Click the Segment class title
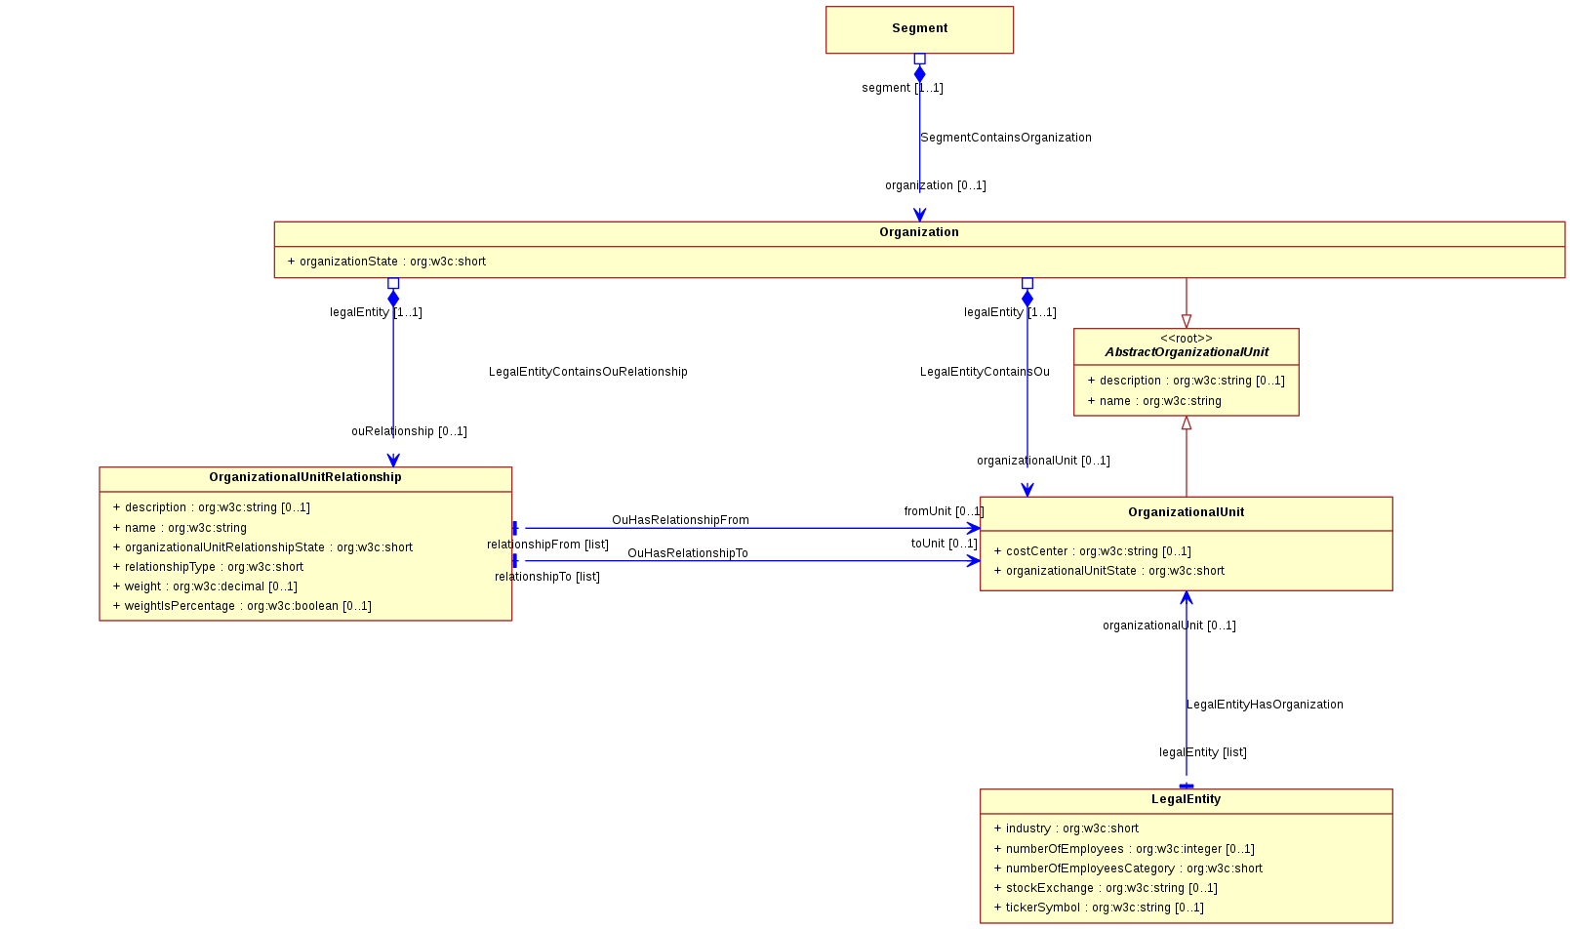tap(919, 28)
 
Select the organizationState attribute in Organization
tap(386, 262)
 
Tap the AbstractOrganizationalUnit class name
tap(1187, 352)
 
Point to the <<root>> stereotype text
tap(1186, 338)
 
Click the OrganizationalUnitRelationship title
tap(304, 477)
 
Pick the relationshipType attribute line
tap(208, 567)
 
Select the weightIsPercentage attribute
tap(242, 606)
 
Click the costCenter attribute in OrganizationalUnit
tap(1092, 551)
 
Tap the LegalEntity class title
tap(1186, 799)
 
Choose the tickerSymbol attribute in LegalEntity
tap(1099, 908)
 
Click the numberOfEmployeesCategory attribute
tap(1128, 868)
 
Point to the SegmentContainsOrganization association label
tap(1006, 138)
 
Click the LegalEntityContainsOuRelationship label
tap(588, 372)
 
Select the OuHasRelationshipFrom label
tap(680, 520)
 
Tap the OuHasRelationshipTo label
tap(688, 553)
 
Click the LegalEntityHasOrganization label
tap(1265, 705)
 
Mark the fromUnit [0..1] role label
tap(944, 511)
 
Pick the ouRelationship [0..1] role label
tap(409, 431)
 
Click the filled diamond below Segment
tap(919, 73)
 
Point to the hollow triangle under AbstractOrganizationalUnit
tap(1187, 423)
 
